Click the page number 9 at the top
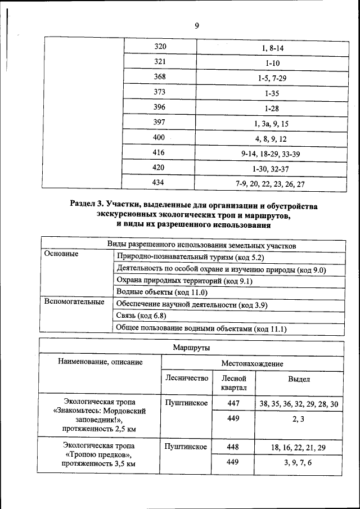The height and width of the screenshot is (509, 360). [x=197, y=26]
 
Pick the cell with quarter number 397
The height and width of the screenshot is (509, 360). [x=161, y=123]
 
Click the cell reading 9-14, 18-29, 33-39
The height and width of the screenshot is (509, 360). [x=272, y=153]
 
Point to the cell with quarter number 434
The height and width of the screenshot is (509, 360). [x=161, y=183]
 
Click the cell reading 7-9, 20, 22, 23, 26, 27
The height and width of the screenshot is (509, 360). [x=272, y=183]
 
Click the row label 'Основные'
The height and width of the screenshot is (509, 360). [x=61, y=254]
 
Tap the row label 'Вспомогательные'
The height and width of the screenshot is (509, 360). [x=74, y=302]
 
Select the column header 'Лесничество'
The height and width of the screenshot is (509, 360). [x=187, y=379]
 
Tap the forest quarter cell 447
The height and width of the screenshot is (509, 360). [x=234, y=403]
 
